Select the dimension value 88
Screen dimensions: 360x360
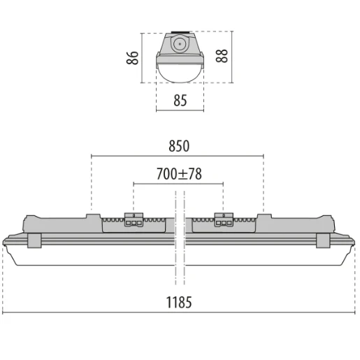(222, 57)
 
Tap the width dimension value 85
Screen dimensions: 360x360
(180, 100)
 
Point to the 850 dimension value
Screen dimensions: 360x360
(178, 145)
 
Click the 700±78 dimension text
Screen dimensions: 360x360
(178, 174)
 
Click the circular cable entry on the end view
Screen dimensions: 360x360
(180, 43)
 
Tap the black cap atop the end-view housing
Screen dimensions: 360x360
(180, 33)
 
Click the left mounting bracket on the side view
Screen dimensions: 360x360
(134, 219)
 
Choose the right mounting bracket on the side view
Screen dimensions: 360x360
(224, 219)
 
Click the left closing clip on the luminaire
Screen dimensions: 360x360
(34, 240)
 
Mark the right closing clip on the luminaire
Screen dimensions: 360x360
(323, 240)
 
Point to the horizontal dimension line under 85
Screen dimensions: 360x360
(180, 110)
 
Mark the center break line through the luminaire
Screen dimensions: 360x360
(179, 238)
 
